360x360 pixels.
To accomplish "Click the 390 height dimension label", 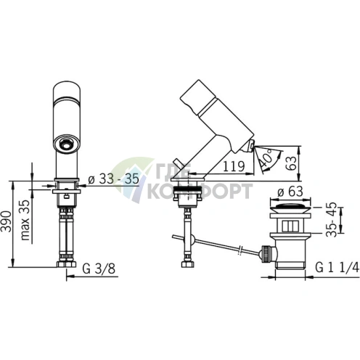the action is [x=7, y=221].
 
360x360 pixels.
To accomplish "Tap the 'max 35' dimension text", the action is [x=25, y=220].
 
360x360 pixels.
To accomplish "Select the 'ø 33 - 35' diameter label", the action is [x=114, y=179].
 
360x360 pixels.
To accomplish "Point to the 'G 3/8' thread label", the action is [x=99, y=269].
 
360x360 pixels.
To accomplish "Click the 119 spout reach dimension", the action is [x=234, y=166].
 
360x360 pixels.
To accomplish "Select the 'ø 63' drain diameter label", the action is [x=290, y=192].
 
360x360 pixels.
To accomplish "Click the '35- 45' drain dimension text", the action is [x=332, y=219].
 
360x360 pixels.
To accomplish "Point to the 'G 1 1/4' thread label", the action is [x=337, y=268].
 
